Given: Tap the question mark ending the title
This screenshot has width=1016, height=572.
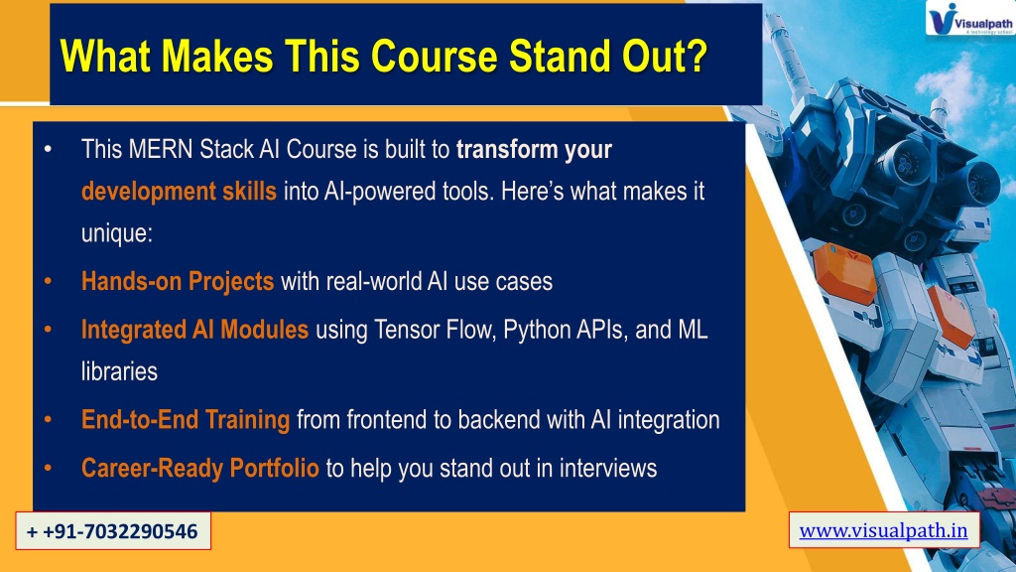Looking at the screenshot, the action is pos(695,56).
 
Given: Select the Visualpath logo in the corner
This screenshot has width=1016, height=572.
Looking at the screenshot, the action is pos(969,18).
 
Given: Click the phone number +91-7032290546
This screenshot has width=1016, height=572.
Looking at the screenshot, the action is pos(113,531).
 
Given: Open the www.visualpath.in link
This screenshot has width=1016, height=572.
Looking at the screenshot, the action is pos(883,530).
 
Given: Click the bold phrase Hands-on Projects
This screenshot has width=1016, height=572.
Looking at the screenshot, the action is pos(178,281).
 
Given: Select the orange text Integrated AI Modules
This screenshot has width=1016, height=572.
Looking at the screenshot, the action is pos(194,330).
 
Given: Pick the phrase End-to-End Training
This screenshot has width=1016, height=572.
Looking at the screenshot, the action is pos(186,420).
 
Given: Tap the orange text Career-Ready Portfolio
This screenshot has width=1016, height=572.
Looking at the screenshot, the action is pos(200,468).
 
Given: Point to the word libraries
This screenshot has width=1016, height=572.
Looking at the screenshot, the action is pos(119,371).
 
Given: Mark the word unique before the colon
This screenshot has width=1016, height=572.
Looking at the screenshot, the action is pos(114,233).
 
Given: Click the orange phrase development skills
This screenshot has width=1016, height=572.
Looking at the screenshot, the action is pos(179,192).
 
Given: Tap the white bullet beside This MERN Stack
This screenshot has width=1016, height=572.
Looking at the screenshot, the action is pos(48,150).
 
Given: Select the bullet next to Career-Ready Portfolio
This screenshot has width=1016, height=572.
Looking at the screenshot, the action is pos(48,468).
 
